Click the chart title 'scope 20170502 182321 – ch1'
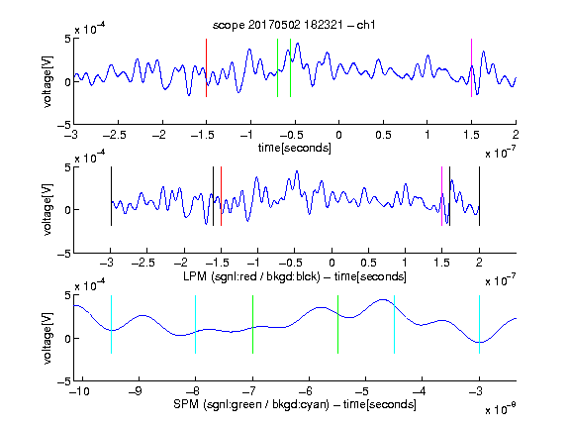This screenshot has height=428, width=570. [x=294, y=25]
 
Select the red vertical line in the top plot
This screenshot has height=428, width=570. [x=206, y=67]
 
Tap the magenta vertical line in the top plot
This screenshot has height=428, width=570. [x=471, y=67]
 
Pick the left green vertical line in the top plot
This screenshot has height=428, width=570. [x=277, y=67]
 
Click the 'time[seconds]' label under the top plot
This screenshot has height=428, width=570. [x=295, y=148]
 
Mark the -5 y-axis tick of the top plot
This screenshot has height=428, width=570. [x=64, y=125]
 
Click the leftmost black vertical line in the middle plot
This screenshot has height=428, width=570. [x=111, y=196]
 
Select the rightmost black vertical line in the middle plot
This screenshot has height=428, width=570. [x=479, y=196]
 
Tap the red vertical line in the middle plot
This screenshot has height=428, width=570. [x=221, y=196]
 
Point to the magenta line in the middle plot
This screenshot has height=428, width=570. [x=441, y=196]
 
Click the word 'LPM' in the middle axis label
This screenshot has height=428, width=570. [x=195, y=276]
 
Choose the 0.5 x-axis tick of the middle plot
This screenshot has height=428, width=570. [x=368, y=263]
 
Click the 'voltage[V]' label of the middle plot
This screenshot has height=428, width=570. [x=47, y=209]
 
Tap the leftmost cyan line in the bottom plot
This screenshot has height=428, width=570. [x=111, y=324]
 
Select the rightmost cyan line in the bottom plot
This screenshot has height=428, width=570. [x=479, y=324]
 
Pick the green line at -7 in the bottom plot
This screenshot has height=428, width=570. [x=252, y=324]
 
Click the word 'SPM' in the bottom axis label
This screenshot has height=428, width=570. [x=186, y=404]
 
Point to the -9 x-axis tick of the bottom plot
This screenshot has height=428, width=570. [x=137, y=391]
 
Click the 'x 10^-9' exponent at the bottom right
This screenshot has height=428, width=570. [x=500, y=408]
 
